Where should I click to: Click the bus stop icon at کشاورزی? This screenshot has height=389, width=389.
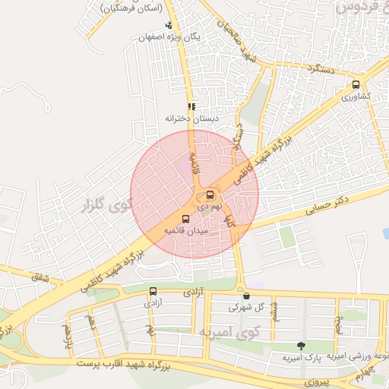[x=356, y=84]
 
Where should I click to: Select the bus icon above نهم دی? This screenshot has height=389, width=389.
[x=210, y=194]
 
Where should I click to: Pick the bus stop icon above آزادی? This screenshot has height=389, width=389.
[x=153, y=291]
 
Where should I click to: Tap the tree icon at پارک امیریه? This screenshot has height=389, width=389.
[x=301, y=346]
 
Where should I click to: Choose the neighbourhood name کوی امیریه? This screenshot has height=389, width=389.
[x=229, y=333]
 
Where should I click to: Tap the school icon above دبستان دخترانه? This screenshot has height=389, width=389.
[x=191, y=107]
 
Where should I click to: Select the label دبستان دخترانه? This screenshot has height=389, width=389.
[x=191, y=119]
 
